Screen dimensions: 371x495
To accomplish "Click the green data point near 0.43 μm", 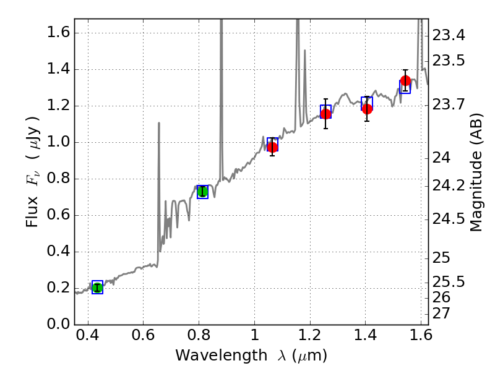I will click(97, 287).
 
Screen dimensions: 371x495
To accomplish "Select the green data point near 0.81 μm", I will click(202, 191).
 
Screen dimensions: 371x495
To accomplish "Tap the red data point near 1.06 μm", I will click(272, 147).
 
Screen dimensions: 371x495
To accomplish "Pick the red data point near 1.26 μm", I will click(325, 113).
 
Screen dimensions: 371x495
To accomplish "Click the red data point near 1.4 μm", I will click(367, 109).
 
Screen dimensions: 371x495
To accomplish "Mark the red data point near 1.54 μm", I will click(405, 81).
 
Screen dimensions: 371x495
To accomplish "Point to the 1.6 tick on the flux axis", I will click(75, 33).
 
